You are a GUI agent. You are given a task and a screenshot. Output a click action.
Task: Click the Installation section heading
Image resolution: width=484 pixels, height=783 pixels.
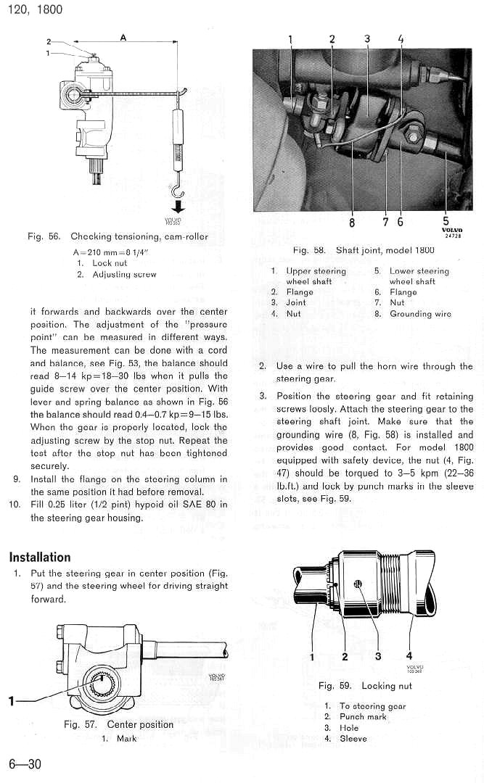(x=40, y=558)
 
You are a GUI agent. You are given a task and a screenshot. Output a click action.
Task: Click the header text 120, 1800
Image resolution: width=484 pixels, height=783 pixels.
(x=33, y=9)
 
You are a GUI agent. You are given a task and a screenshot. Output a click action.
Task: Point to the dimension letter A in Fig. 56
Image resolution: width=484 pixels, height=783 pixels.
(x=123, y=38)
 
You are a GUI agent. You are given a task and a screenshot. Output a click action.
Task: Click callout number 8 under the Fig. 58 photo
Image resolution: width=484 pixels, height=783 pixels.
(x=352, y=222)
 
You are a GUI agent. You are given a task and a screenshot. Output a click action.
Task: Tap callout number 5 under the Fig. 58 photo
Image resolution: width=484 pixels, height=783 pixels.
(x=445, y=222)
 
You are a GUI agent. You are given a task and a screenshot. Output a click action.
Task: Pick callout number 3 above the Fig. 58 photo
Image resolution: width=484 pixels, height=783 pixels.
(x=367, y=39)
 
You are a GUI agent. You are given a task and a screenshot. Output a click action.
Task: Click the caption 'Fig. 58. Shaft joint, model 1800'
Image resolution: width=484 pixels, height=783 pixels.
(x=364, y=250)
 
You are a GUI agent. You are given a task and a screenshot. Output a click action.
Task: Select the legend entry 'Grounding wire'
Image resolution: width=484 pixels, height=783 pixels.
(x=420, y=314)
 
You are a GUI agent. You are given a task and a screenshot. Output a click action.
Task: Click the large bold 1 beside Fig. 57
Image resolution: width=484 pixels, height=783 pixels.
(x=12, y=700)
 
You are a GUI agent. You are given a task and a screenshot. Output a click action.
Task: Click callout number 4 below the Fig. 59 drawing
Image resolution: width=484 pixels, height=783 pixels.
(x=409, y=657)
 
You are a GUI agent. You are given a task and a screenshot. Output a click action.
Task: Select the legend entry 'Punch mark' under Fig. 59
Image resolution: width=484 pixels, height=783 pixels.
(x=363, y=717)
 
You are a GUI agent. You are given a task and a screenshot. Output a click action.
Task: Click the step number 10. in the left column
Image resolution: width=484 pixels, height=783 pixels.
(x=15, y=505)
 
